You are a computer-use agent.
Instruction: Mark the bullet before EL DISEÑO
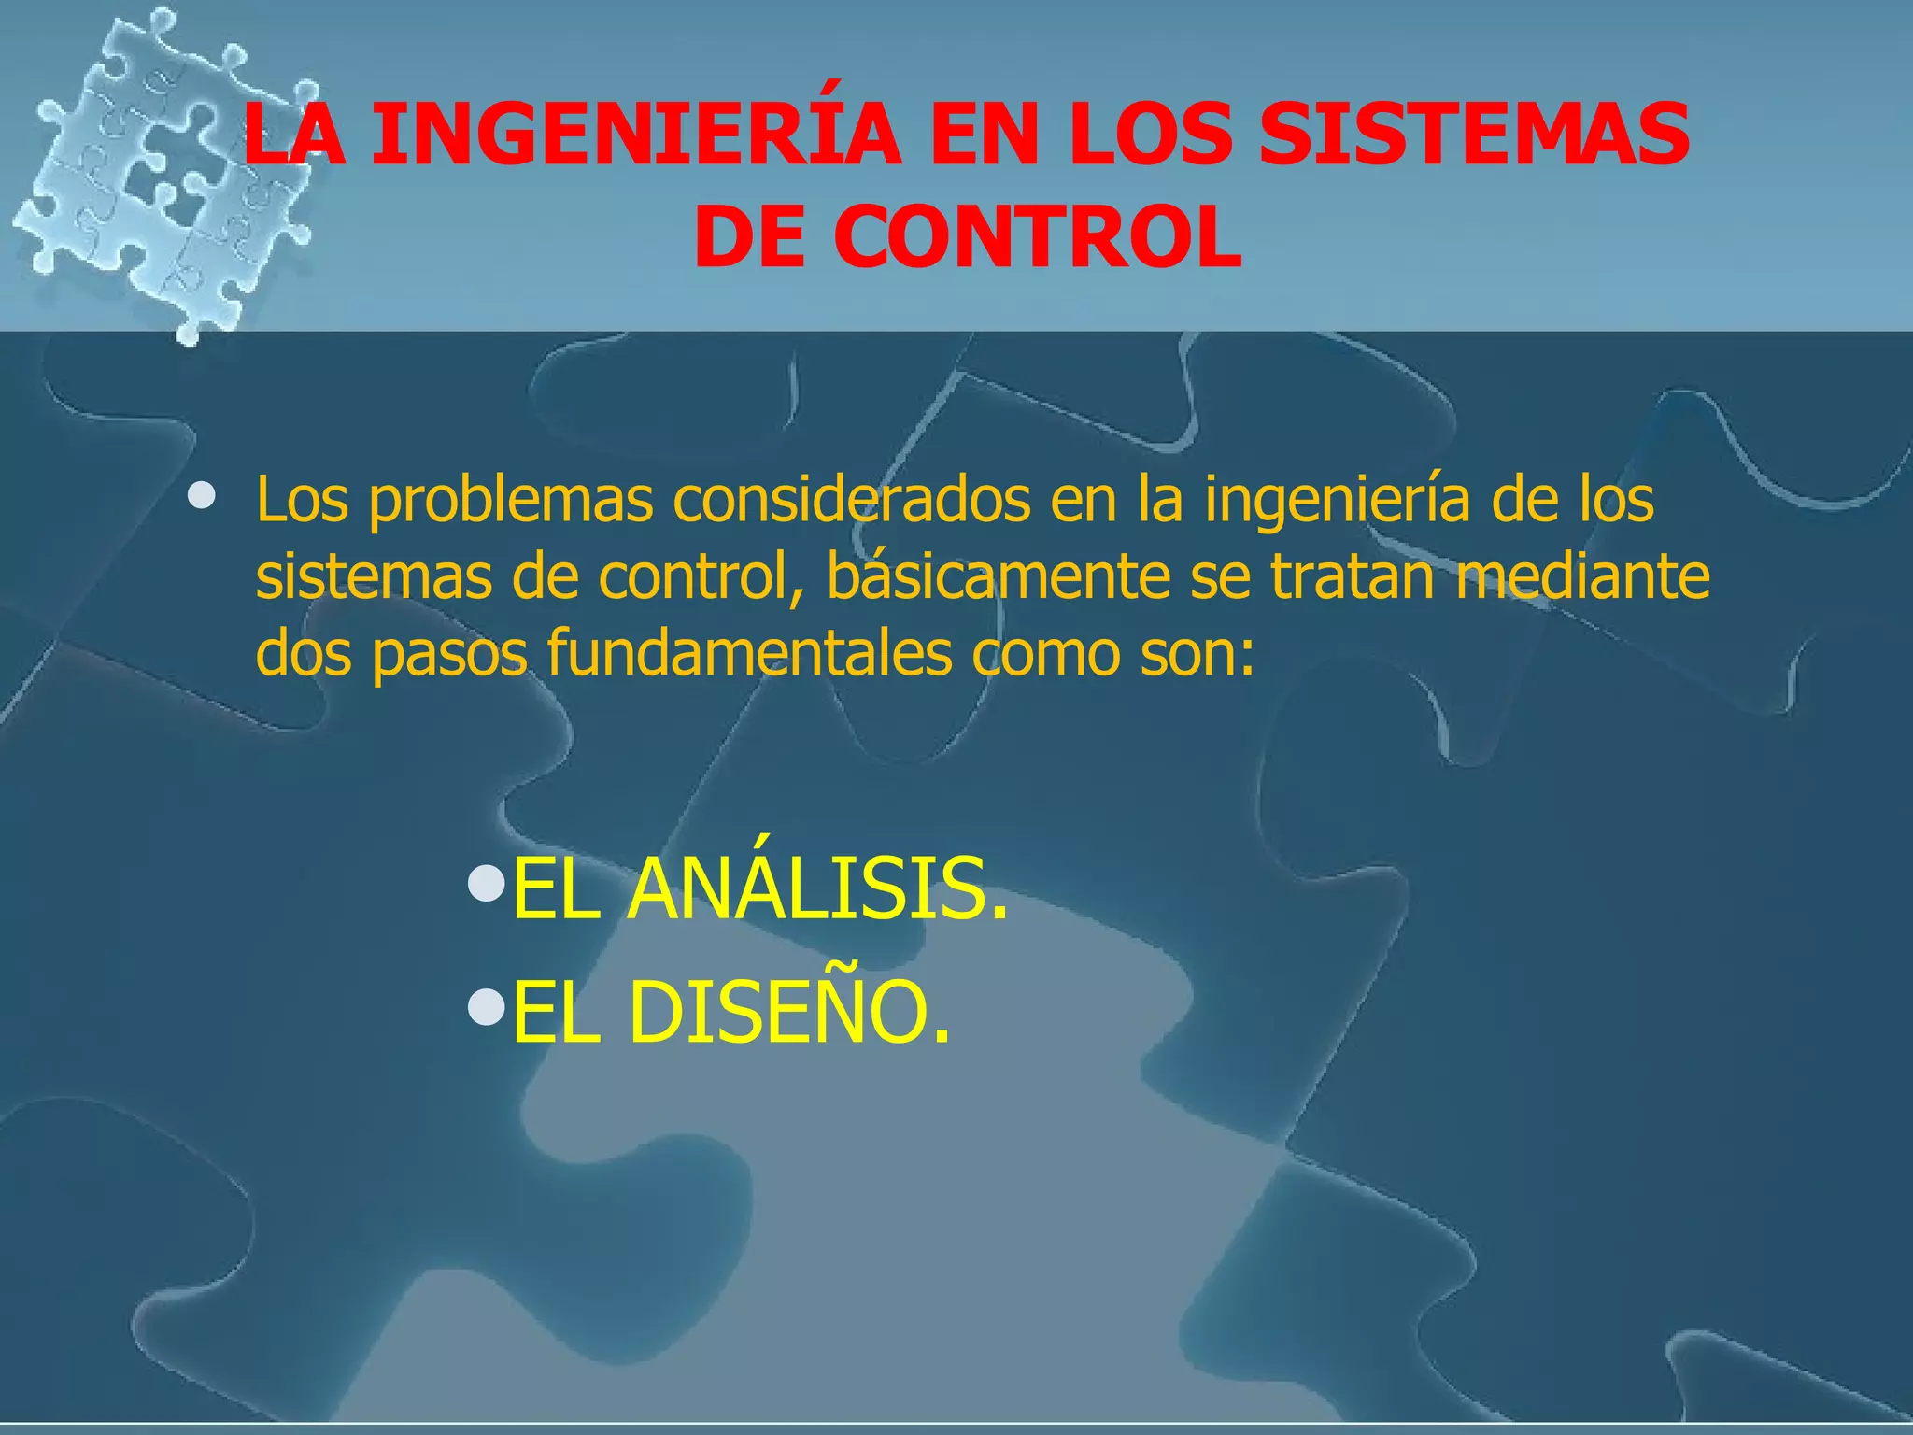click(485, 1005)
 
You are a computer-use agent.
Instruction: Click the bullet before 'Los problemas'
click(200, 494)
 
